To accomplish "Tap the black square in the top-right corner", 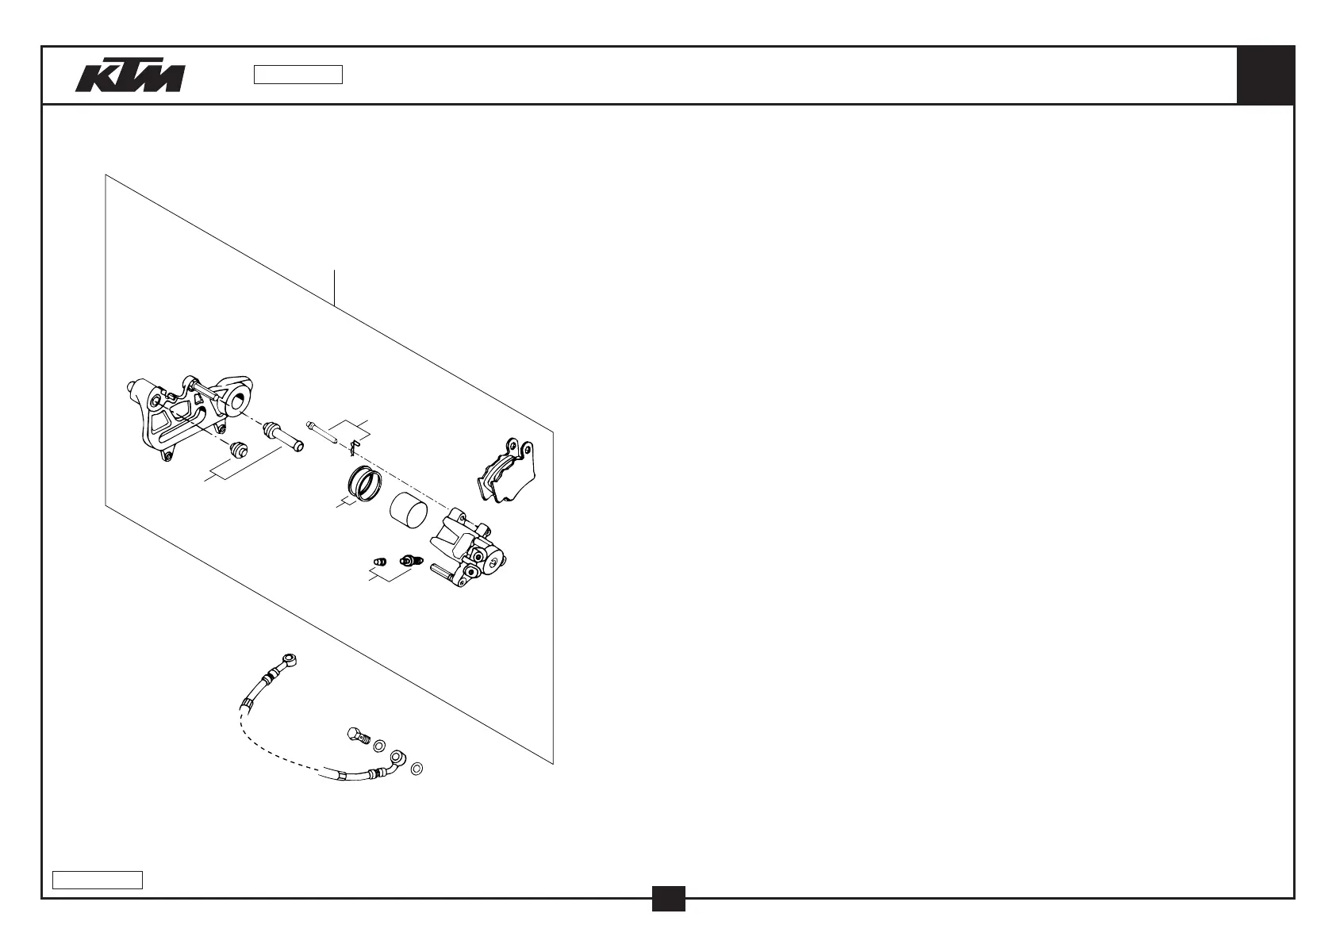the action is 1265,75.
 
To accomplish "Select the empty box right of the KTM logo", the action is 298,75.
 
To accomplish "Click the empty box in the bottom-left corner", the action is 98,880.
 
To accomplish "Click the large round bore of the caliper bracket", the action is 236,400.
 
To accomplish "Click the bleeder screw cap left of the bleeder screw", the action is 379,562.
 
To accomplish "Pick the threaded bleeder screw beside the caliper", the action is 409,560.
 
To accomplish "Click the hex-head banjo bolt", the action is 358,735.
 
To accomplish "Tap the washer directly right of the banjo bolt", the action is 379,746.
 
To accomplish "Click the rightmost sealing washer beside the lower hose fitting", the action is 417,769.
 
